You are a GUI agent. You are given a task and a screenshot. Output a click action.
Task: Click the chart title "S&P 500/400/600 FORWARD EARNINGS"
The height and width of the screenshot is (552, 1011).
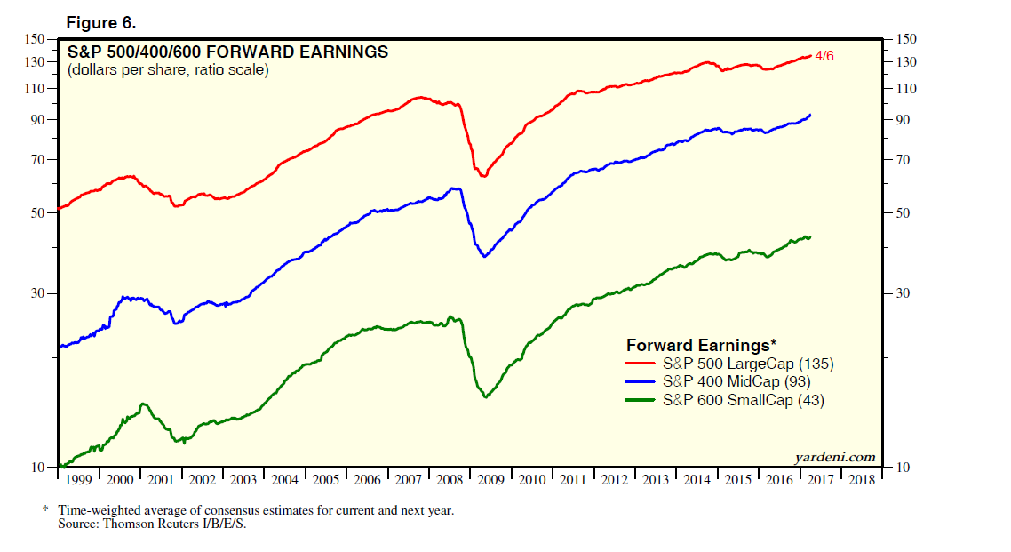pos(227,52)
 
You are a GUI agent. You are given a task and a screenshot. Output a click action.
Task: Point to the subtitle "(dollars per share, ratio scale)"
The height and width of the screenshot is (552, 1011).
pos(168,69)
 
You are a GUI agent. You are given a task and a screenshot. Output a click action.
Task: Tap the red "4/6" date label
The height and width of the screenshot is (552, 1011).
pos(824,56)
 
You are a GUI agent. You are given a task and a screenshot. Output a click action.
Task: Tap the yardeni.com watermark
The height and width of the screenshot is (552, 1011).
pos(834,457)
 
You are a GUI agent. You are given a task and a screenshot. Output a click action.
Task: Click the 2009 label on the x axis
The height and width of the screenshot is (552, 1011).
pos(491,480)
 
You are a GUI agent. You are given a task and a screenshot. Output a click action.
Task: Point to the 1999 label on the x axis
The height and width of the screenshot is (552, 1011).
pos(79,480)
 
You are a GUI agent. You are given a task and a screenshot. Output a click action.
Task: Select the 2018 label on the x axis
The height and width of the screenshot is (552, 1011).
pos(860,480)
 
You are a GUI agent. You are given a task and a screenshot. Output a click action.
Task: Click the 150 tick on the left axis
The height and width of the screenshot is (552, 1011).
pos(34,39)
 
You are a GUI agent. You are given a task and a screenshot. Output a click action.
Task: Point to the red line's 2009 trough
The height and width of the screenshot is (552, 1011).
pos(483,175)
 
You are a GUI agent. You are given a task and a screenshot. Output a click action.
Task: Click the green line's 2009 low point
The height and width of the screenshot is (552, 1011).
pos(485,396)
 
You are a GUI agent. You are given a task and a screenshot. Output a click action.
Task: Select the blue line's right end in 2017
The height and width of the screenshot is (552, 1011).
pos(809,115)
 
